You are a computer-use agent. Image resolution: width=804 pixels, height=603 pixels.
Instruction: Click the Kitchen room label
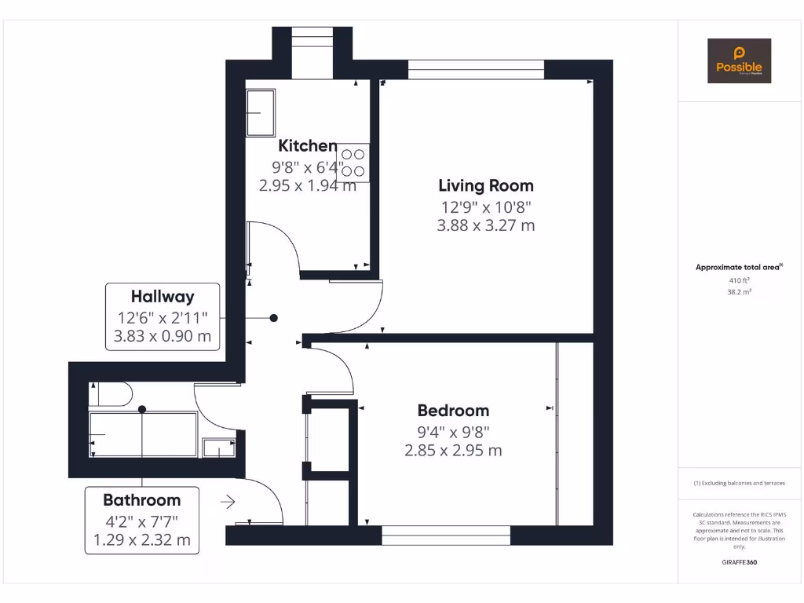click(x=308, y=145)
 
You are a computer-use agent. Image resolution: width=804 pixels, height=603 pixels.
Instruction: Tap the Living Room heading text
click(x=485, y=185)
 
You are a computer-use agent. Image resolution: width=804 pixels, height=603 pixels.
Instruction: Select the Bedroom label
click(x=453, y=410)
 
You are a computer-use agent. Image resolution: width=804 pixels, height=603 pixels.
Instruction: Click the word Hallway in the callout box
click(x=163, y=297)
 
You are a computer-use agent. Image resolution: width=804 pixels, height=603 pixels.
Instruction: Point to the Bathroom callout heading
click(x=141, y=500)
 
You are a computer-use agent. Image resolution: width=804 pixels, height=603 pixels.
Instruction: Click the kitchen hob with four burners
click(x=353, y=163)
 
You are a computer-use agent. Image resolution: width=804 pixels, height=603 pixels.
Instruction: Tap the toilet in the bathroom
click(x=110, y=393)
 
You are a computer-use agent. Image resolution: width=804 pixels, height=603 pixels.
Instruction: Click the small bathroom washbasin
click(x=217, y=448)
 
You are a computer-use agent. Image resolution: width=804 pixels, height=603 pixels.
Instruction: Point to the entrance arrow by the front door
click(x=228, y=502)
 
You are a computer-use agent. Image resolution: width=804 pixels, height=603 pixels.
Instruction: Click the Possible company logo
click(x=739, y=61)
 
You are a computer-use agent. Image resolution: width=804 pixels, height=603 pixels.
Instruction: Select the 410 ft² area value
click(x=739, y=280)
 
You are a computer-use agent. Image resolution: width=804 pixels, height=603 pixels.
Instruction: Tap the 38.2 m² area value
click(x=739, y=291)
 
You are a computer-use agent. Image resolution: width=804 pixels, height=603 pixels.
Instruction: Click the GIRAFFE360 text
click(x=739, y=562)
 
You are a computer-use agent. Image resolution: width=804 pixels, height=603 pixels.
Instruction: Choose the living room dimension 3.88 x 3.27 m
click(x=485, y=225)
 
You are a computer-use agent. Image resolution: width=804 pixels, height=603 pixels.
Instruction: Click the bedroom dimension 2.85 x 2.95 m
click(x=453, y=451)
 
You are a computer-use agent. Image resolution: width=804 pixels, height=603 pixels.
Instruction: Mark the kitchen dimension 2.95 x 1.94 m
click(x=307, y=186)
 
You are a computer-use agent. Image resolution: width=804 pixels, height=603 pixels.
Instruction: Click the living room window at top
click(x=476, y=70)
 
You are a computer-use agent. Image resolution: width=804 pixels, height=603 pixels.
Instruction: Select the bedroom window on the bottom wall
click(x=446, y=535)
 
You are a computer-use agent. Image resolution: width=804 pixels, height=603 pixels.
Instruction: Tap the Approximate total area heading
click(x=738, y=267)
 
